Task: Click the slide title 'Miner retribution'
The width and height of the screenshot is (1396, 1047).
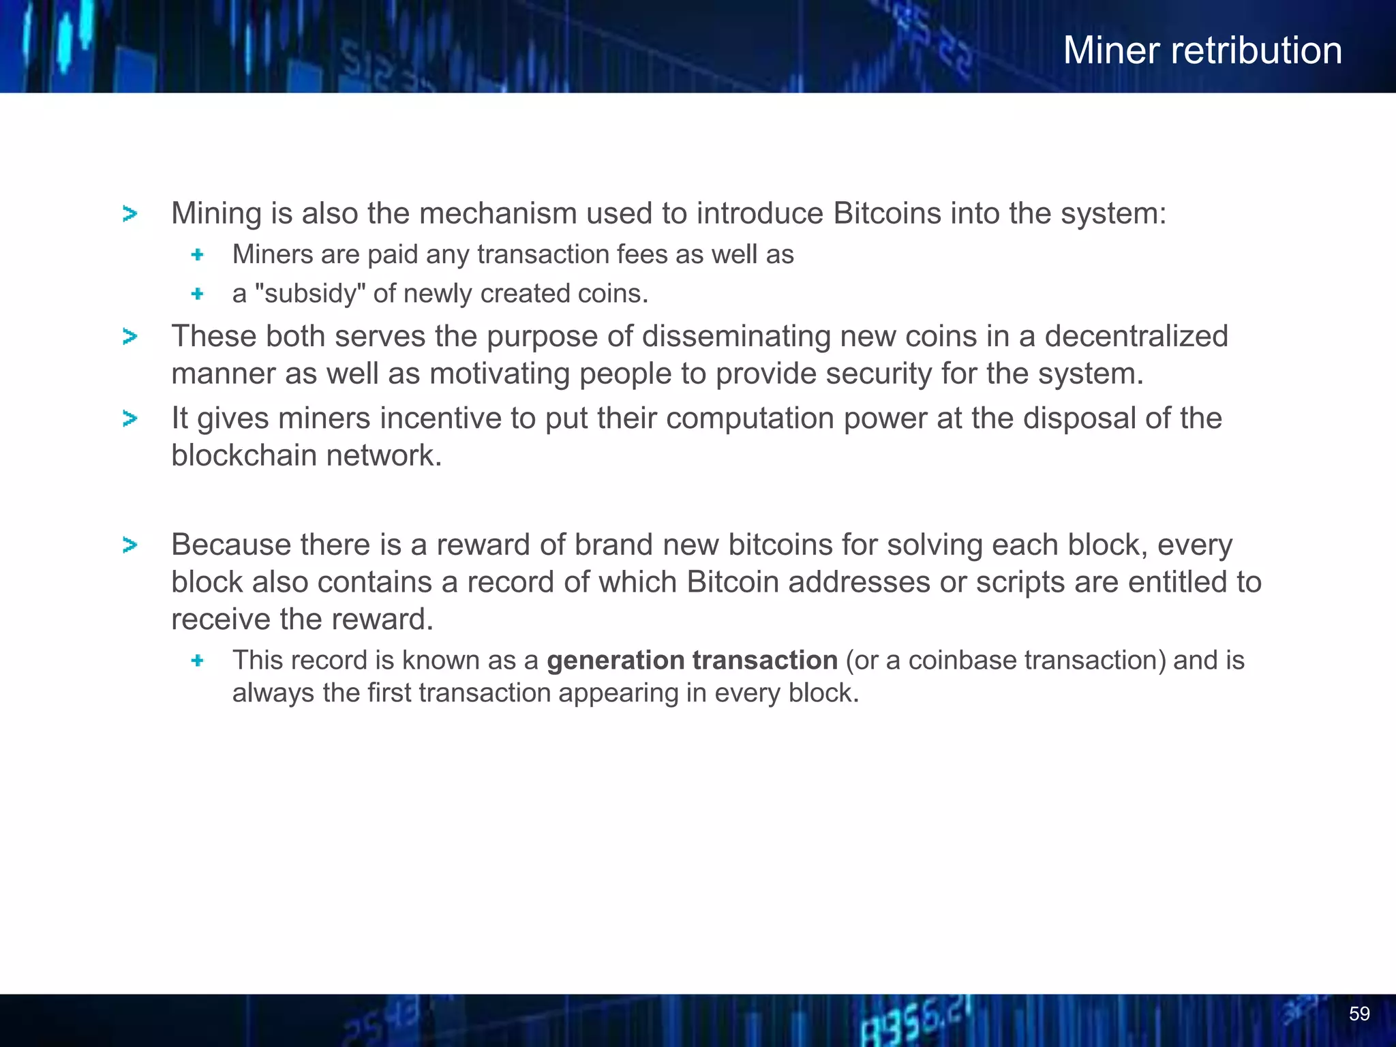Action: click(x=1202, y=50)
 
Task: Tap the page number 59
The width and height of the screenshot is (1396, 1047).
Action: click(x=1359, y=1014)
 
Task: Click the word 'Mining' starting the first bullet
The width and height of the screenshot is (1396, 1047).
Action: click(x=216, y=213)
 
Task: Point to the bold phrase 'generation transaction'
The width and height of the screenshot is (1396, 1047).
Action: click(x=692, y=660)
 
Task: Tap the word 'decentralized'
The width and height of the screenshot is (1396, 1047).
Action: click(x=1136, y=336)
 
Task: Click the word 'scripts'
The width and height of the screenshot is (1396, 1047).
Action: click(x=1020, y=582)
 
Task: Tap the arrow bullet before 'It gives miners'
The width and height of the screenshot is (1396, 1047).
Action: click(x=130, y=419)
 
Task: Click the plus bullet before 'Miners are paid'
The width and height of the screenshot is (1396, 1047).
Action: click(x=198, y=255)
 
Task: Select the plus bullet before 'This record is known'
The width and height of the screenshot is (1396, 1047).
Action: click(x=198, y=661)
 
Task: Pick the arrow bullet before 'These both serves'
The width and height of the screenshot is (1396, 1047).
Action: click(x=130, y=337)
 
